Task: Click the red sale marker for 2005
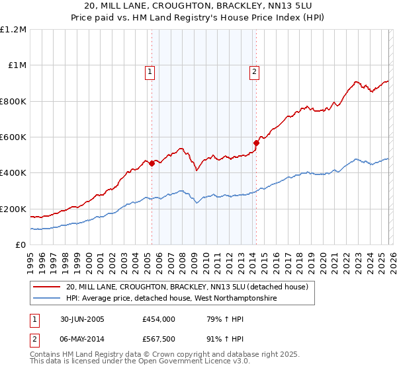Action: coord(152,163)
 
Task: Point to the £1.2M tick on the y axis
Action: coord(13,30)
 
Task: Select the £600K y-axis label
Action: coord(13,137)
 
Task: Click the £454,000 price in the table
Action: coord(158,318)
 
